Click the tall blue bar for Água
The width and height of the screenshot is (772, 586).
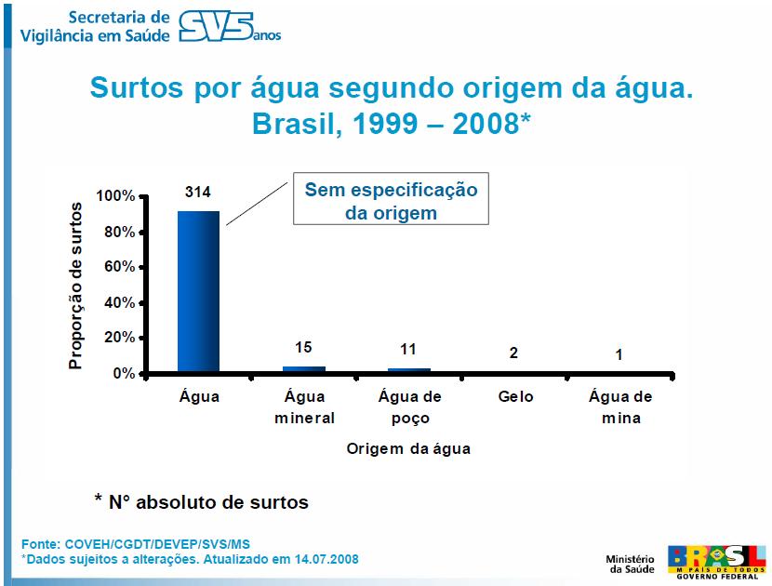198,291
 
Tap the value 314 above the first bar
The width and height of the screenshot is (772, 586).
198,193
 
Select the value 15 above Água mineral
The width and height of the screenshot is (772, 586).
304,348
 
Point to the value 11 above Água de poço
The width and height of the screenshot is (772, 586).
409,350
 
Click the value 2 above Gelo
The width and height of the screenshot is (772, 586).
514,353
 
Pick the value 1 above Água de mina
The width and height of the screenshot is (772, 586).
620,354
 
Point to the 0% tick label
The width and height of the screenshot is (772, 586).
124,374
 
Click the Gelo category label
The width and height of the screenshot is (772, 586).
515,396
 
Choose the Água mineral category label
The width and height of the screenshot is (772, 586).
304,406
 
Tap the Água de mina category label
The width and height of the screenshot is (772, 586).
620,406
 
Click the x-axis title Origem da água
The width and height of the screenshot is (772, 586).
408,448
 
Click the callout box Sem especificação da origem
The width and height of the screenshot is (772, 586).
391,200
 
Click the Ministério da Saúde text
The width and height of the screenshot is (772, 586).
632,563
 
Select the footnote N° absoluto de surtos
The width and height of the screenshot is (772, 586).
201,502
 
